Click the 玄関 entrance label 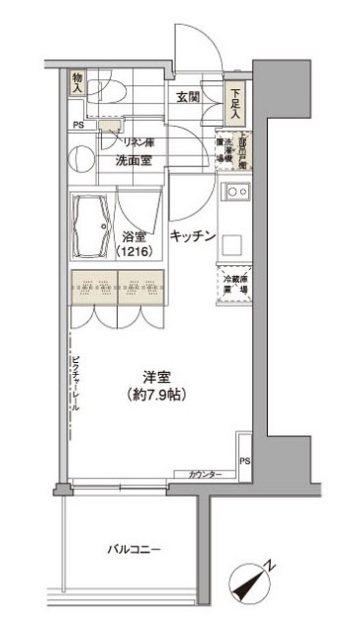190,97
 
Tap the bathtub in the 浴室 93,236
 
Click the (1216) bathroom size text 134,254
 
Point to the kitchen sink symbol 237,192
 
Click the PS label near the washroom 77,126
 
